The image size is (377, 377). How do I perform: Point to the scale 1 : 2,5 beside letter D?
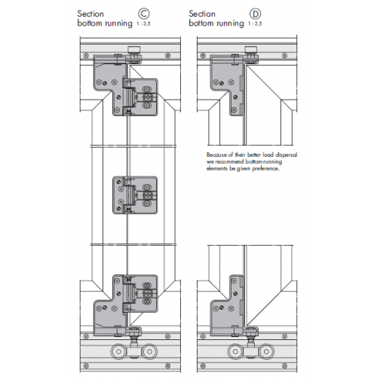257,24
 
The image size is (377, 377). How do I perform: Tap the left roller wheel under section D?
234,353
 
